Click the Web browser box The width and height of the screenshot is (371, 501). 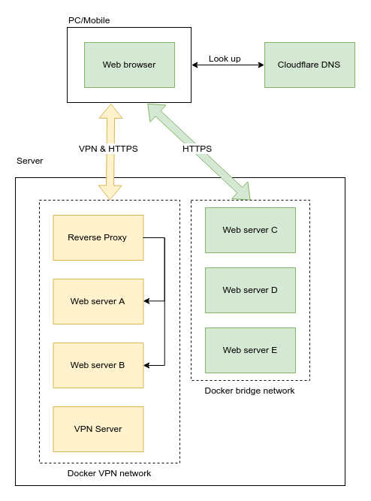pyautogui.click(x=129, y=65)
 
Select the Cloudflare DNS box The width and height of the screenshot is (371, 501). pyautogui.click(x=309, y=65)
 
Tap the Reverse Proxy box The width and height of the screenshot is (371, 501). pyautogui.click(x=98, y=237)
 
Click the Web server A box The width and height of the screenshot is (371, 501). pyautogui.click(x=98, y=301)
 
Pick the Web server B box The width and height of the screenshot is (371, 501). pyautogui.click(x=98, y=365)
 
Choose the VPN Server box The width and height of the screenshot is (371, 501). pyautogui.click(x=98, y=429)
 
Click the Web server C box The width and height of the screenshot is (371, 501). pyautogui.click(x=250, y=230)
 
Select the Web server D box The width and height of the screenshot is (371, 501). pyautogui.click(x=250, y=290)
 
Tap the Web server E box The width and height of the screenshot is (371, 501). pyautogui.click(x=250, y=350)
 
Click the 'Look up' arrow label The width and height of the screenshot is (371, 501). pyautogui.click(x=225, y=59)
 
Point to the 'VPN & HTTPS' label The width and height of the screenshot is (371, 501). pyautogui.click(x=108, y=149)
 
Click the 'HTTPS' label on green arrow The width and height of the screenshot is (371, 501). pyautogui.click(x=197, y=149)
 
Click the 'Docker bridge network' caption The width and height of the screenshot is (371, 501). pyautogui.click(x=249, y=391)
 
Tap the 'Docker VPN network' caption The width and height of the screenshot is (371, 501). pyautogui.click(x=109, y=473)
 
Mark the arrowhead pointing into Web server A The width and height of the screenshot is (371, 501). pyautogui.click(x=147, y=301)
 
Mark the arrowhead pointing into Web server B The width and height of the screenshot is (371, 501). pyautogui.click(x=147, y=365)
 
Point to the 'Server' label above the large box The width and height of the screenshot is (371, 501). pyautogui.click(x=30, y=161)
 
